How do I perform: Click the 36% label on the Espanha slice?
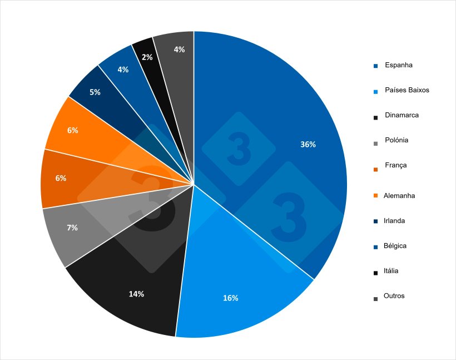coord(308,145)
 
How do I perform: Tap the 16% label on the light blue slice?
coord(230,298)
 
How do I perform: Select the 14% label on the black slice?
coord(136,294)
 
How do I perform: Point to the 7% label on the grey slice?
coord(72,228)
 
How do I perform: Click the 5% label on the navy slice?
coord(95,92)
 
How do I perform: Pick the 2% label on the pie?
coord(147,57)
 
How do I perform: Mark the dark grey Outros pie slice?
coord(175,67)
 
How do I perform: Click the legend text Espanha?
coord(399,65)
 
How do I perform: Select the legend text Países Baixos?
coord(407,90)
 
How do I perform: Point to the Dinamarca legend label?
coord(402,115)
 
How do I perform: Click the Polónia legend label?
coord(396,140)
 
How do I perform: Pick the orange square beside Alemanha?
coord(376,196)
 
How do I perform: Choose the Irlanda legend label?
coord(394,221)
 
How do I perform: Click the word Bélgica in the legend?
coord(395,245)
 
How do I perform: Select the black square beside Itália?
coord(376,272)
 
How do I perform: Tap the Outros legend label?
coord(394,295)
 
